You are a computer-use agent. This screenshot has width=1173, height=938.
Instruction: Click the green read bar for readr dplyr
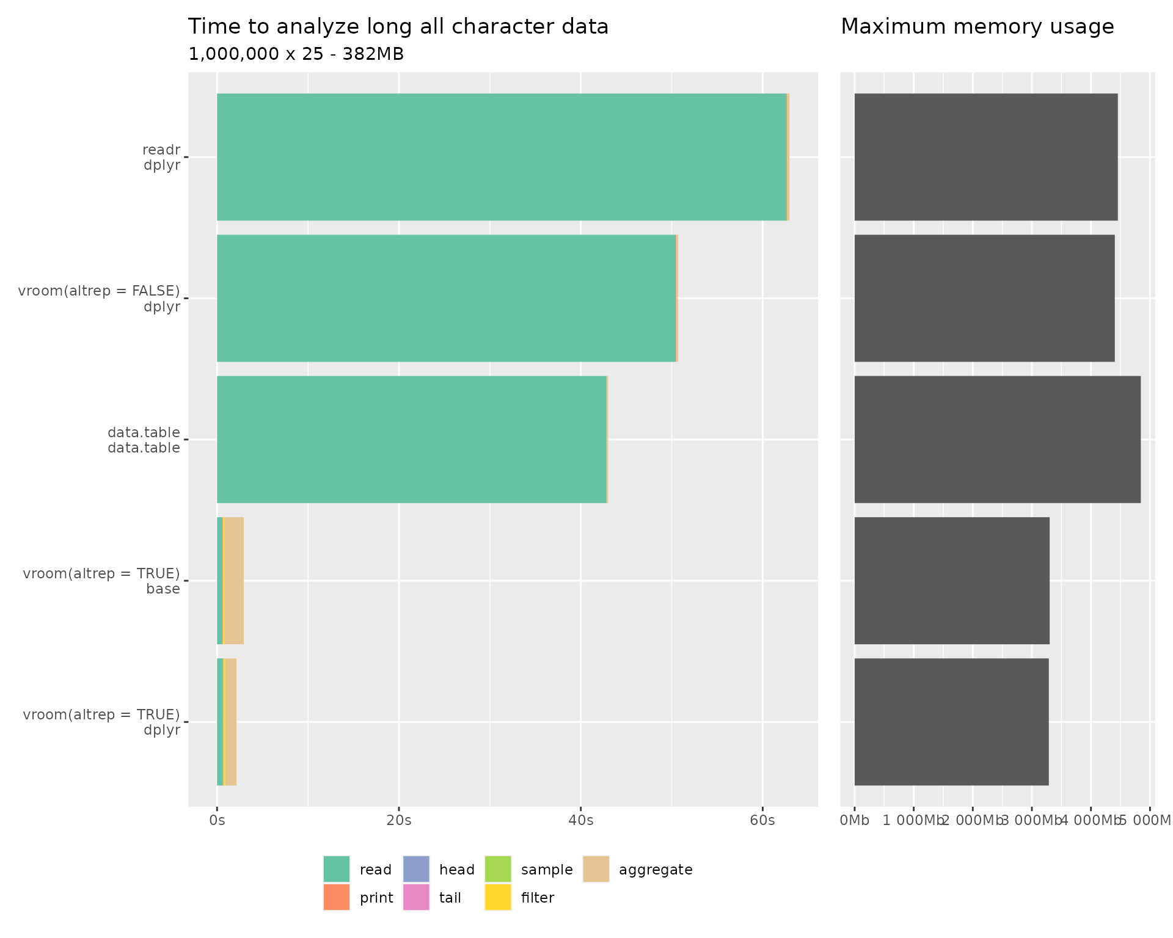coord(501,157)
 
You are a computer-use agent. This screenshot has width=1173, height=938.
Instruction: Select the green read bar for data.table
coord(411,440)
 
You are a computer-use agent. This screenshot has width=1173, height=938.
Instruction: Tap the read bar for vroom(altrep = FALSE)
coord(446,298)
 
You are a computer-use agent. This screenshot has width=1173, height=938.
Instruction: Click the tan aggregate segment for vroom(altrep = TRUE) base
coord(234,581)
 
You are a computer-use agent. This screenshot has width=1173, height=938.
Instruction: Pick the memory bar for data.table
coord(997,440)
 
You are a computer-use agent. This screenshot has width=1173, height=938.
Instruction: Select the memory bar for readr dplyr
coord(985,157)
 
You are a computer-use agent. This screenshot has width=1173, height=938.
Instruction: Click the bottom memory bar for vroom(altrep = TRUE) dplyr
coord(951,722)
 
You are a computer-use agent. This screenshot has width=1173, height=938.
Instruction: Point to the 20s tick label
coord(399,820)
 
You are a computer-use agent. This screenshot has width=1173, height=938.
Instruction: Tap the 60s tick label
coord(762,820)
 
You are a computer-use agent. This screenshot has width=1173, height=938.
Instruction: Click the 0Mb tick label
coord(854,820)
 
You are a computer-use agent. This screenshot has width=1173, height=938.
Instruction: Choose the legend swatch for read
coord(337,869)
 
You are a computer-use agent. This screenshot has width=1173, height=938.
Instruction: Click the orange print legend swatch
coord(337,897)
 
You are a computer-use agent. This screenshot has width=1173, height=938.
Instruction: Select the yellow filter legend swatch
coord(498,897)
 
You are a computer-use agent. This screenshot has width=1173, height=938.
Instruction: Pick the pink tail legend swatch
coord(416,897)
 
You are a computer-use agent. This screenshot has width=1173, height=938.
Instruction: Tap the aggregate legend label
coord(656,870)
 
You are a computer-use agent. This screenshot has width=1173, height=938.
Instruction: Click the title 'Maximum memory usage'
coord(977,27)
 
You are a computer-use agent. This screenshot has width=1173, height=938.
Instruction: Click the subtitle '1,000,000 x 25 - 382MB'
coord(296,54)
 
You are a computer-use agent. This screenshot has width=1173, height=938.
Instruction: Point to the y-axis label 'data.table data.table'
coord(144,440)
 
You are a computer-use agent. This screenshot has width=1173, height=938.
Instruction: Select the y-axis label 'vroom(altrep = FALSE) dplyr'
coord(100,299)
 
